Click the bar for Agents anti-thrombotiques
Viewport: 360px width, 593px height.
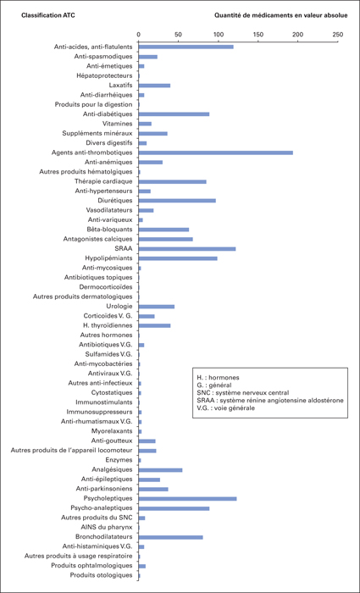pos(215,152)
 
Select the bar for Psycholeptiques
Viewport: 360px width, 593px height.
pos(187,499)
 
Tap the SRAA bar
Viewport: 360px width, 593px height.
pos(187,249)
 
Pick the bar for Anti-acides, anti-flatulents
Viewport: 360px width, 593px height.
pos(186,47)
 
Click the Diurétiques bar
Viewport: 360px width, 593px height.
pos(177,201)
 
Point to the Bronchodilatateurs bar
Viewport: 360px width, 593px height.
pos(170,537)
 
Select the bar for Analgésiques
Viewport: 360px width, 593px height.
pos(160,470)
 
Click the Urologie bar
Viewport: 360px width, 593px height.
pos(156,307)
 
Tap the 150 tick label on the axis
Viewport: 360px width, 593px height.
pos(258,35)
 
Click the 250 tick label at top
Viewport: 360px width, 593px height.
pos(338,35)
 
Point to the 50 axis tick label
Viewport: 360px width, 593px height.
pos(178,35)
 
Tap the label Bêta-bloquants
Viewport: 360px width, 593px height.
pos(109,230)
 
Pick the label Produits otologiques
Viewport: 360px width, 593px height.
pos(102,575)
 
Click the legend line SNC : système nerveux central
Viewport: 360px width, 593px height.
pos(240,393)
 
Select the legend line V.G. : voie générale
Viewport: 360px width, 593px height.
pos(225,408)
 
